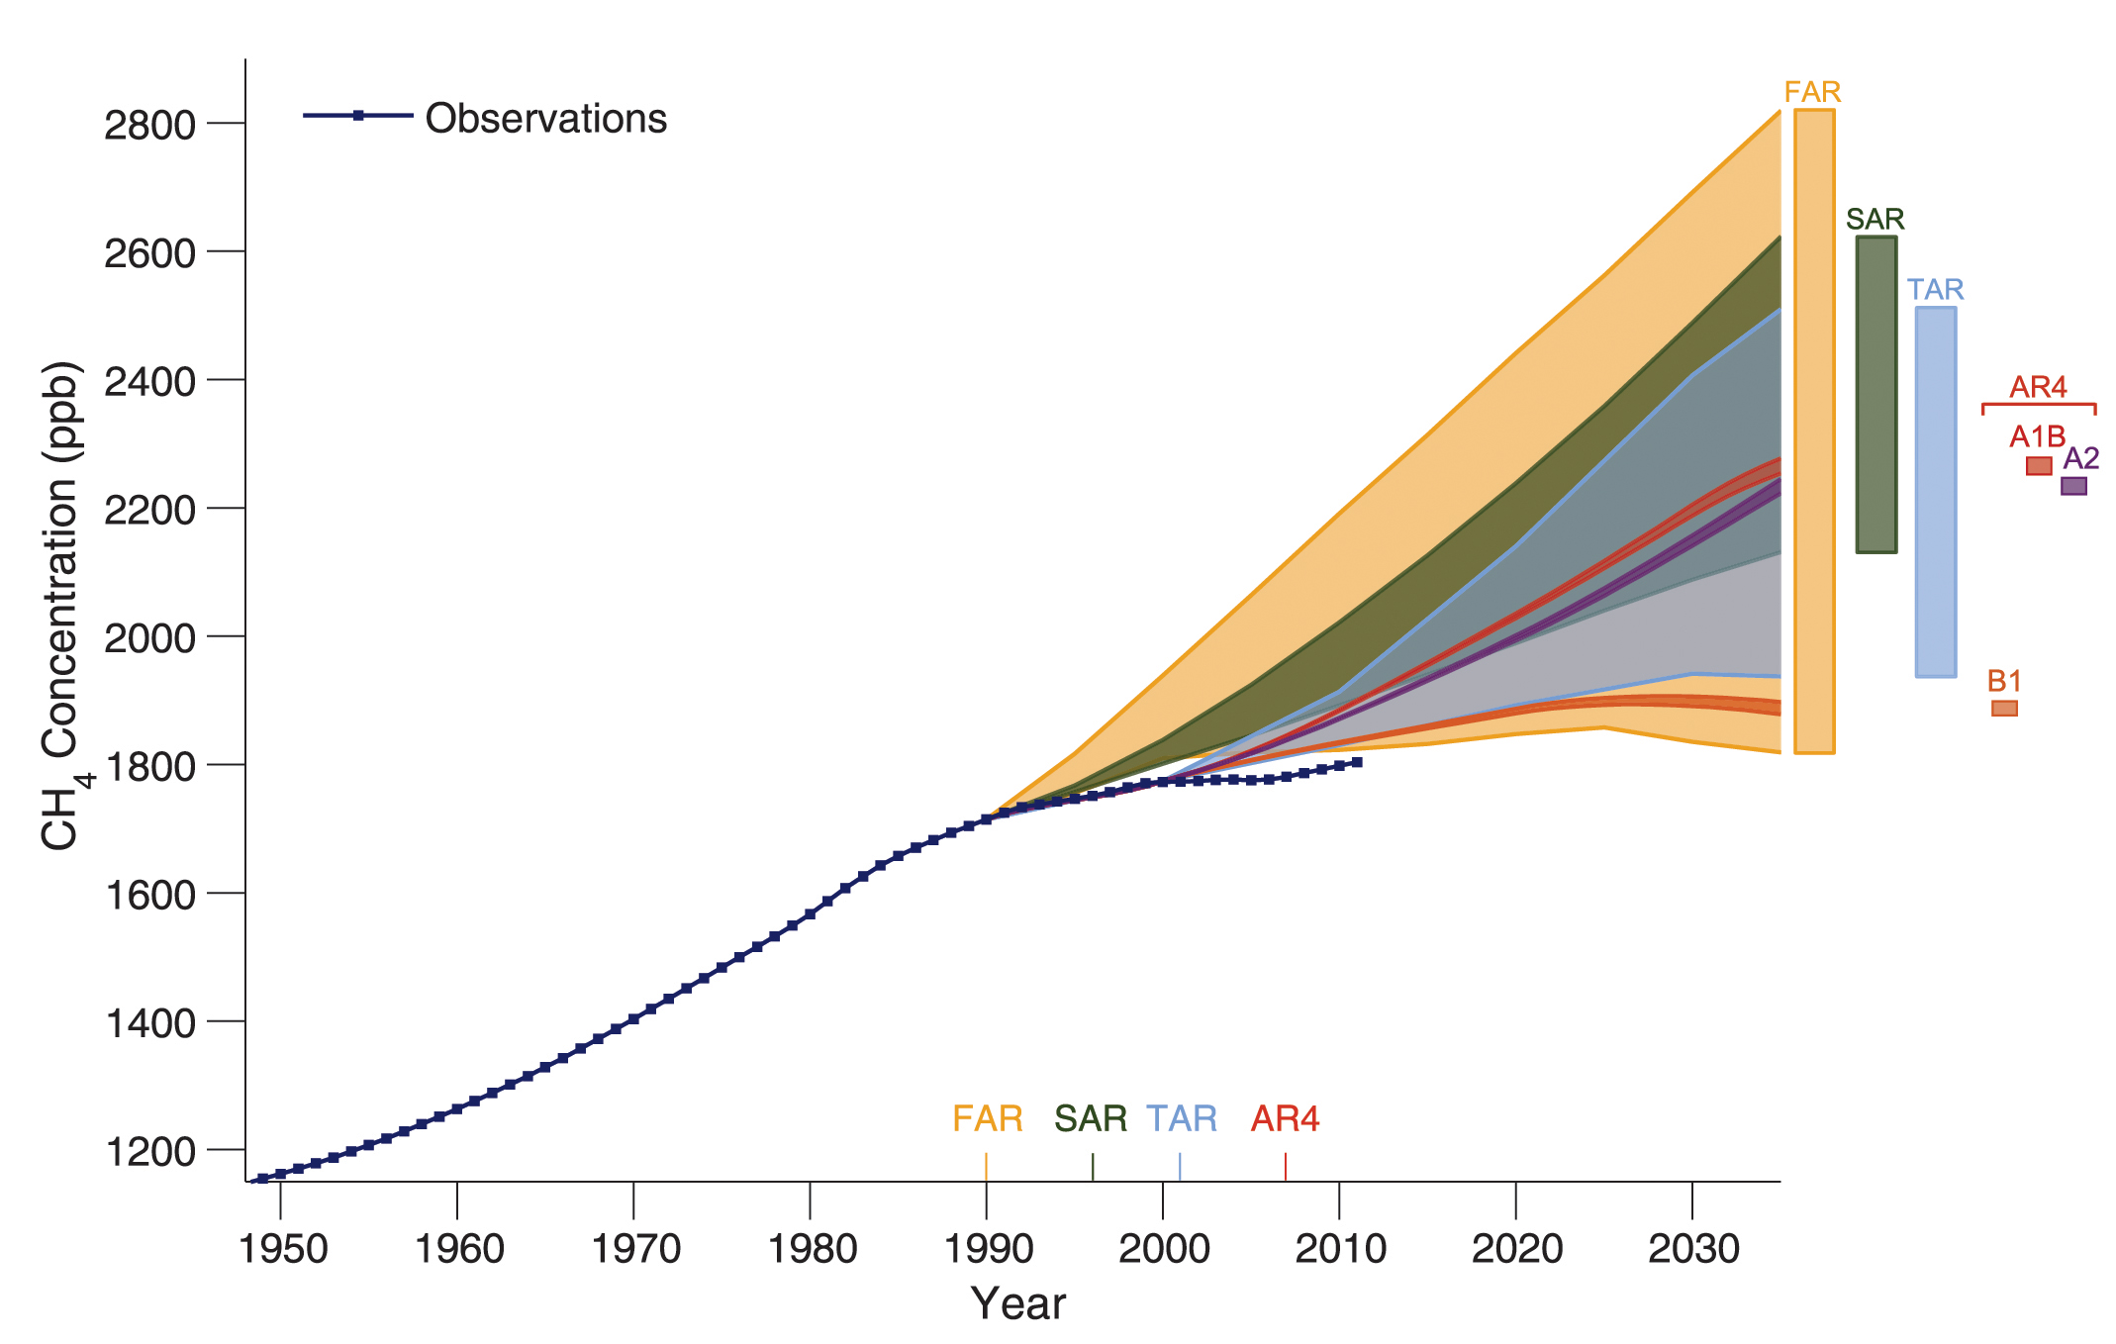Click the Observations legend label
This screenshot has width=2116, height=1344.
pyautogui.click(x=545, y=119)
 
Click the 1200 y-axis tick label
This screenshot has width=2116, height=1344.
pyautogui.click(x=149, y=1151)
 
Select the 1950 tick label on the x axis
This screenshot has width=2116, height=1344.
pyautogui.click(x=283, y=1249)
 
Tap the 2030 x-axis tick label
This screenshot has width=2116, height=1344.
pyautogui.click(x=1693, y=1249)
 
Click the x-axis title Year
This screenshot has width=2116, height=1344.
pyautogui.click(x=1017, y=1303)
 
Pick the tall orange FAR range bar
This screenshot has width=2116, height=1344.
pyautogui.click(x=1814, y=432)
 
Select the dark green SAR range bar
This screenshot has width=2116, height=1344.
pyautogui.click(x=1876, y=394)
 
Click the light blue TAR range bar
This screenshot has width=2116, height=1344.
pyautogui.click(x=1935, y=492)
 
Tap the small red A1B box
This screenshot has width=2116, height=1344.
pyautogui.click(x=2038, y=466)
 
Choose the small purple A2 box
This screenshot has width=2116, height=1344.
pyautogui.click(x=2073, y=486)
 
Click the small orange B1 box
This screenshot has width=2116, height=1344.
pyautogui.click(x=2004, y=709)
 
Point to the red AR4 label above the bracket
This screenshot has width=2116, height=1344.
pyautogui.click(x=2038, y=387)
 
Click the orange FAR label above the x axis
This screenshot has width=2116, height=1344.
pyautogui.click(x=987, y=1118)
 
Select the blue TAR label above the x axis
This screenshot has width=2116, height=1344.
pyautogui.click(x=1182, y=1118)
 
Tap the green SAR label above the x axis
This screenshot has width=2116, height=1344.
pyautogui.click(x=1091, y=1118)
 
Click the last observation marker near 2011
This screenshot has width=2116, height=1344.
pyautogui.click(x=1357, y=762)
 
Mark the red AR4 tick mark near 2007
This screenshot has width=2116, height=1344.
pyautogui.click(x=1286, y=1167)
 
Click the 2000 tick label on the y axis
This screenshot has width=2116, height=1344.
pyautogui.click(x=149, y=637)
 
